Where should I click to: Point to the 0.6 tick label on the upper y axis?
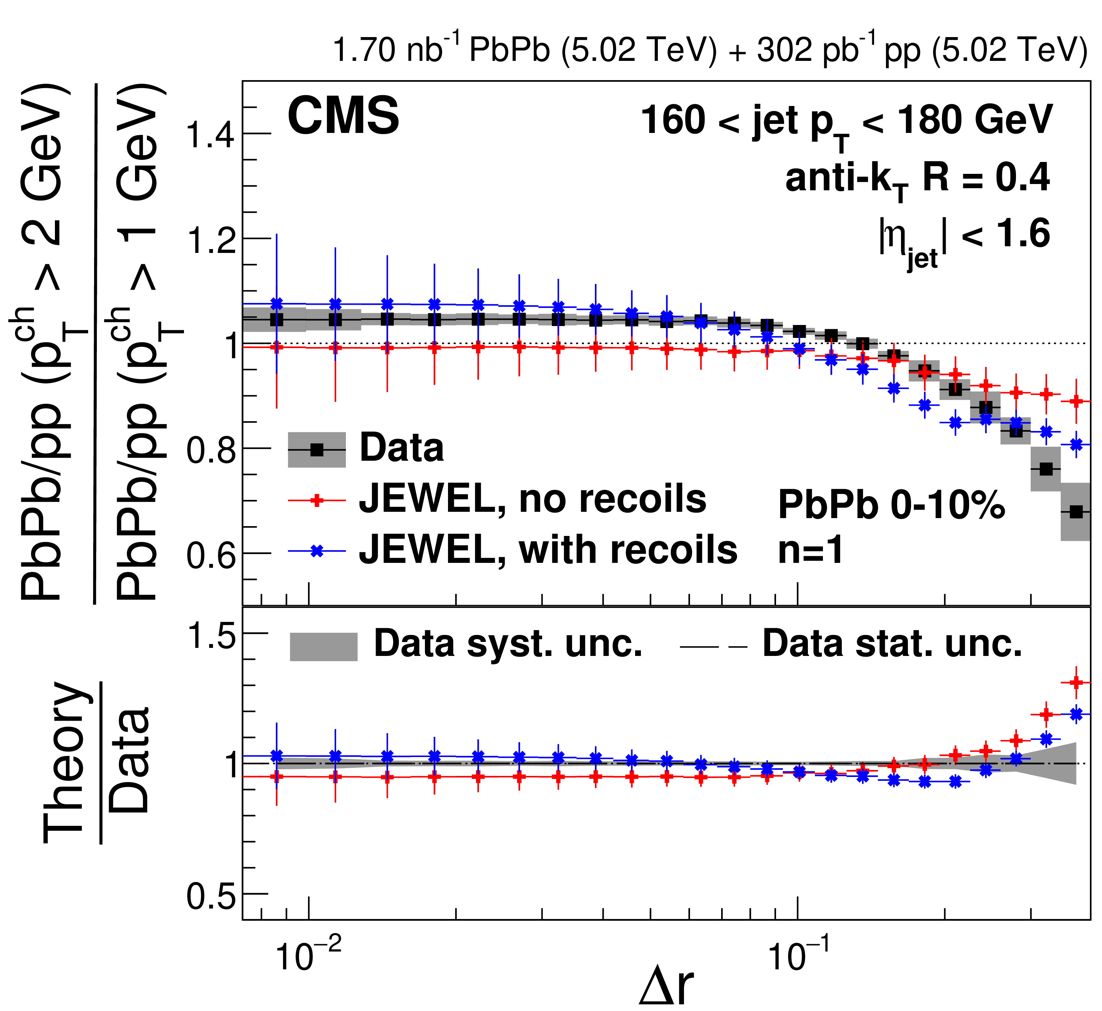pyautogui.click(x=211, y=555)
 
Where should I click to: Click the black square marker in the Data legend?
pyautogui.click(x=317, y=450)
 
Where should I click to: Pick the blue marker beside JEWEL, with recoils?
pyautogui.click(x=317, y=551)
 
